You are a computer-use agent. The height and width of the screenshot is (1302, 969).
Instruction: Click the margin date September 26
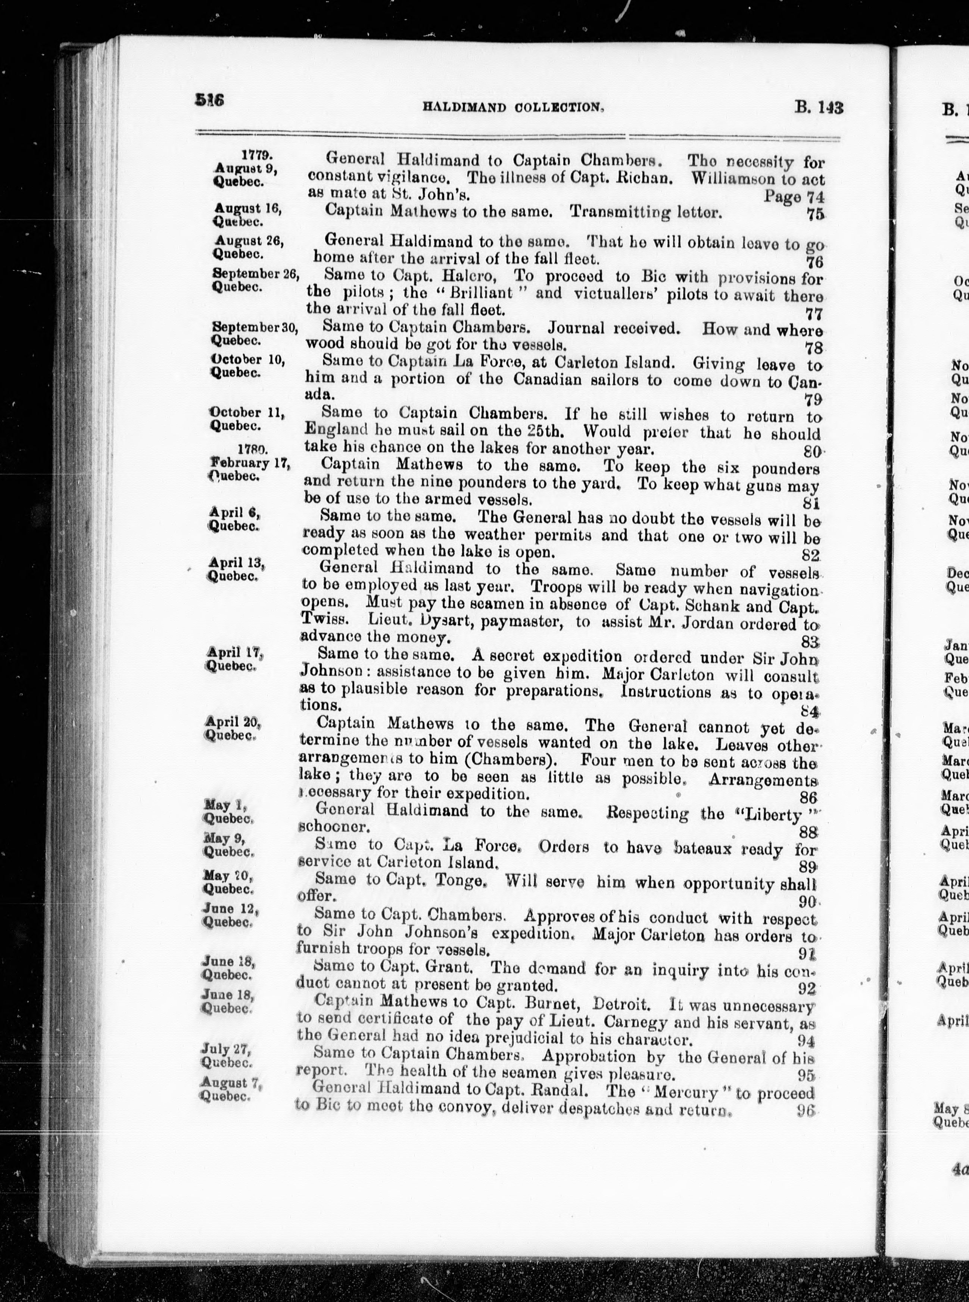(255, 274)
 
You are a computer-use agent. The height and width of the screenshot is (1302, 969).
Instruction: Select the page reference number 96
(806, 1093)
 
